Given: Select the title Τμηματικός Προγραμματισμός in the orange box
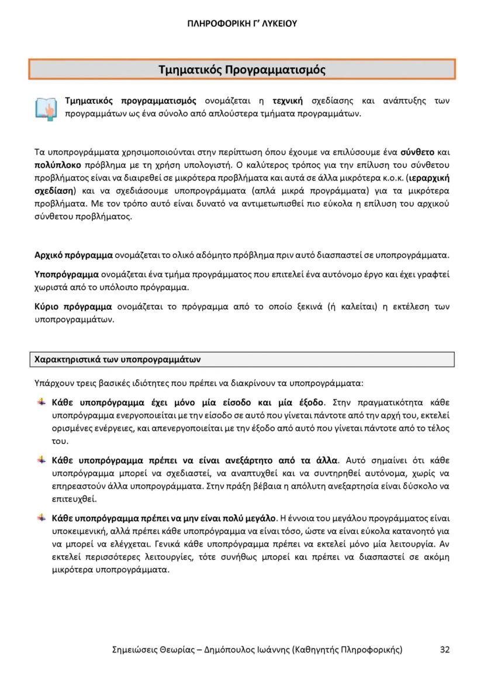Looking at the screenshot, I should (241, 70).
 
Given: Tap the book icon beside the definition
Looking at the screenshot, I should (46, 108).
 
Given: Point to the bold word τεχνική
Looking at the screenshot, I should (291, 101).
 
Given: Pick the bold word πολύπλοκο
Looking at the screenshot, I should (53, 165).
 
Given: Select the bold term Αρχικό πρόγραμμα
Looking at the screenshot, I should (73, 255).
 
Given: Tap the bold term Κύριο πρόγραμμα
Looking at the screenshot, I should (73, 307).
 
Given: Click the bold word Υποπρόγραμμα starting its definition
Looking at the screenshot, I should (67, 275).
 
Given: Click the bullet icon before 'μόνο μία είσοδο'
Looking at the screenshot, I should (42, 402).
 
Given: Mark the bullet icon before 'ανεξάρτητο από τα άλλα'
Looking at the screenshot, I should (42, 460).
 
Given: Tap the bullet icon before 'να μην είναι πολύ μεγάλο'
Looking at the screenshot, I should (42, 518).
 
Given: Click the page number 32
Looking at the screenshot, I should (444, 650).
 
